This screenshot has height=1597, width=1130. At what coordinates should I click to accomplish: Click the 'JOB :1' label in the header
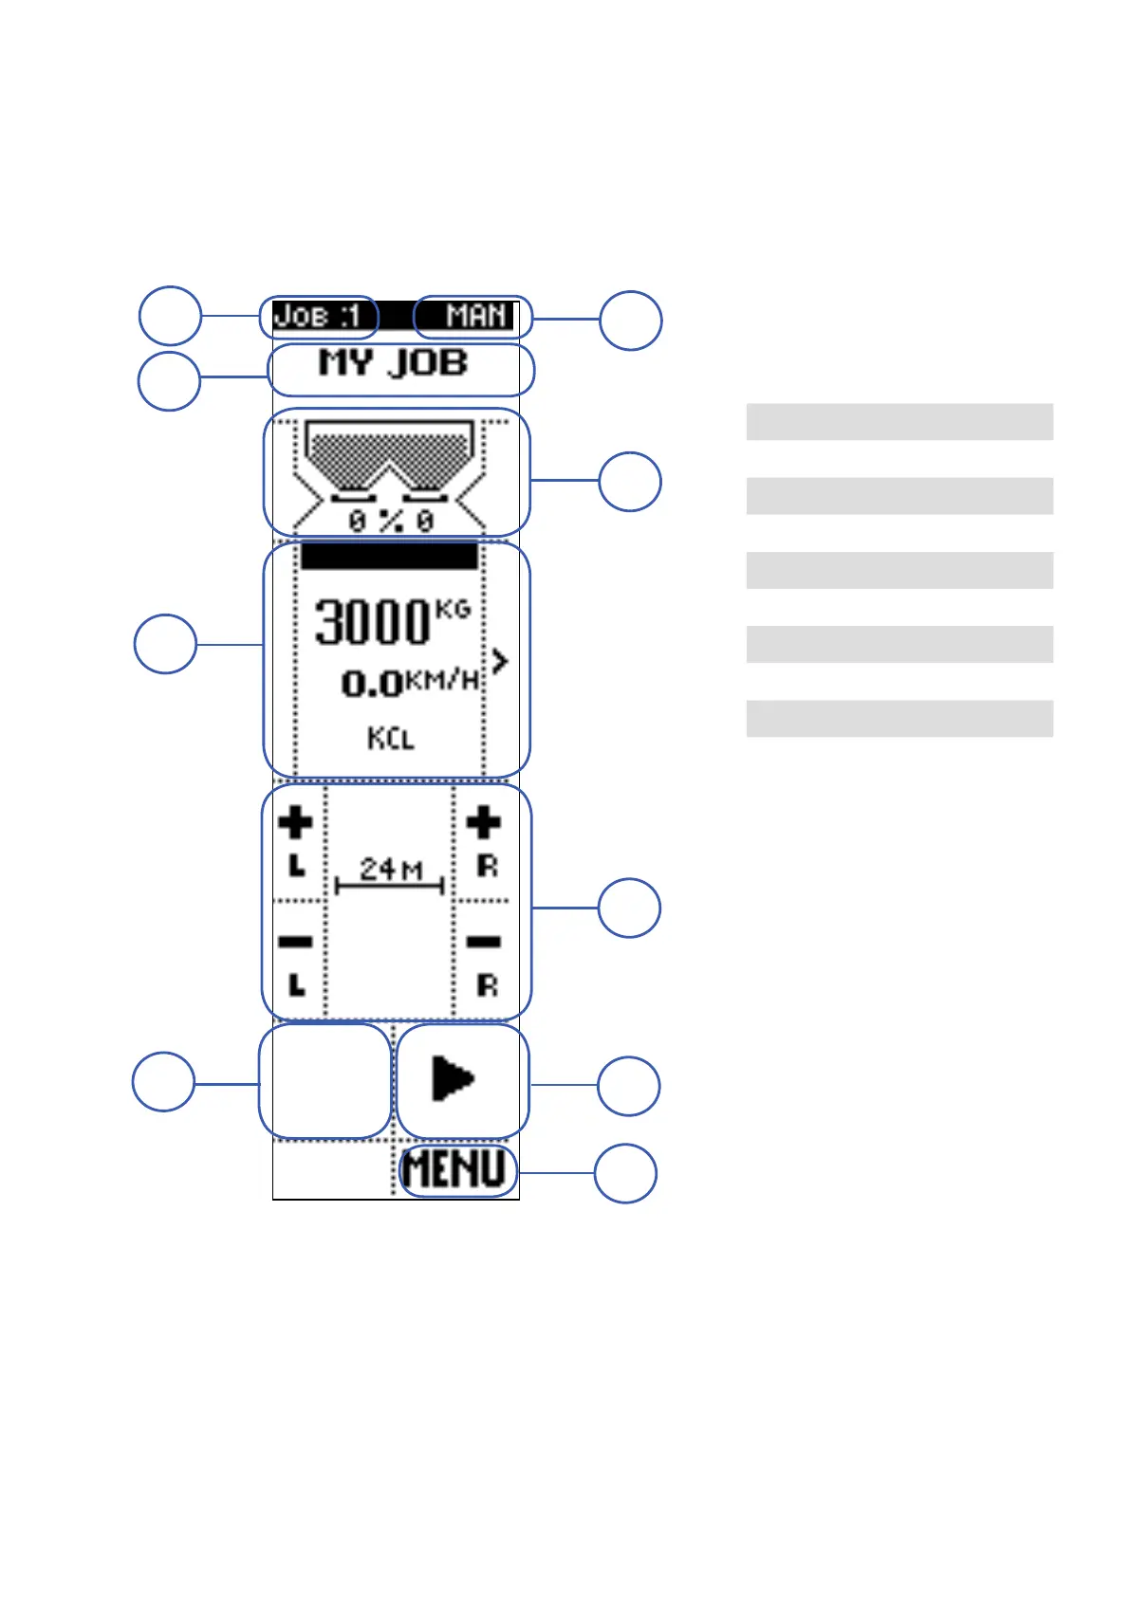pyautogui.click(x=318, y=316)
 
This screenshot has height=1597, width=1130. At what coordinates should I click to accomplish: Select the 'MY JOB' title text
pyautogui.click(x=393, y=363)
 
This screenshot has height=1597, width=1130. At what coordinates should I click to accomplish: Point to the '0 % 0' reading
pyautogui.click(x=391, y=521)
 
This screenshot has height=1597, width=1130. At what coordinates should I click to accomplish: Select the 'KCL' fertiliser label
pyautogui.click(x=391, y=738)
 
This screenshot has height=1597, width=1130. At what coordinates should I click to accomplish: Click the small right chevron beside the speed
pyautogui.click(x=500, y=661)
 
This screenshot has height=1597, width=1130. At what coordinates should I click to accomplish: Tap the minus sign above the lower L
pyautogui.click(x=296, y=942)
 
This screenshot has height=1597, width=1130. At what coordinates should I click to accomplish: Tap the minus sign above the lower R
pyautogui.click(x=484, y=942)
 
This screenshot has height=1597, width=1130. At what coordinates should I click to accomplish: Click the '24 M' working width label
pyautogui.click(x=390, y=869)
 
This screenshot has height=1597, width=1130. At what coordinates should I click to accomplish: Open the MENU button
pyautogui.click(x=455, y=1169)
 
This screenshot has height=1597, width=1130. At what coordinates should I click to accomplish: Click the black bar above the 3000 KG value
pyautogui.click(x=389, y=556)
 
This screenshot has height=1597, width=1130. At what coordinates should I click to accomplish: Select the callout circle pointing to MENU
pyautogui.click(x=625, y=1173)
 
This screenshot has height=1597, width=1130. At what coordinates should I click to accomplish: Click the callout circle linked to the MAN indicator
pyautogui.click(x=631, y=321)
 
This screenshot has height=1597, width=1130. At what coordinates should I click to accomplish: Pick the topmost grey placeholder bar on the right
pyautogui.click(x=899, y=421)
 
